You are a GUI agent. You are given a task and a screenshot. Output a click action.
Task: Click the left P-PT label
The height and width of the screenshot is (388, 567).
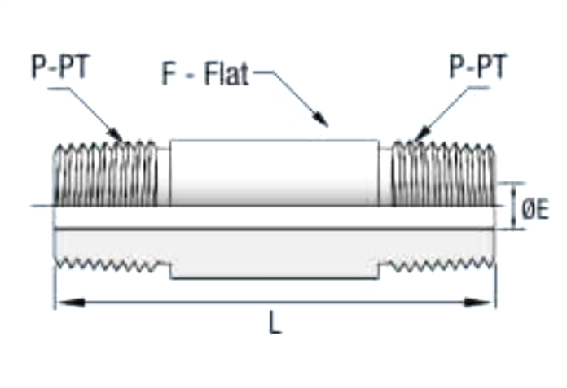point(60,67)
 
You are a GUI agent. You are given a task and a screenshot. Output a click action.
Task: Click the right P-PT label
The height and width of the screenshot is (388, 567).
point(478,66)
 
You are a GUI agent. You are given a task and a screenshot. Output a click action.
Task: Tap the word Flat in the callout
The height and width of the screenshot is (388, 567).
point(226,74)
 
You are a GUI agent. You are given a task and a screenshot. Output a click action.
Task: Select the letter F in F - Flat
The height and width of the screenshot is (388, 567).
point(168,74)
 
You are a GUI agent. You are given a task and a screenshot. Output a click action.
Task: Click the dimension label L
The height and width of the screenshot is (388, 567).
point(275,322)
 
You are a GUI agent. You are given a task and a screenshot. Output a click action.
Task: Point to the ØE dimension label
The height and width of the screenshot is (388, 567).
point(535,208)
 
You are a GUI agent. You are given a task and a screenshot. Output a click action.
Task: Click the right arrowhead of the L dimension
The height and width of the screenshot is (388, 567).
point(478,302)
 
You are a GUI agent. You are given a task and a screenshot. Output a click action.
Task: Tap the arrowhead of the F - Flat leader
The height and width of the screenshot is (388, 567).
point(321,120)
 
